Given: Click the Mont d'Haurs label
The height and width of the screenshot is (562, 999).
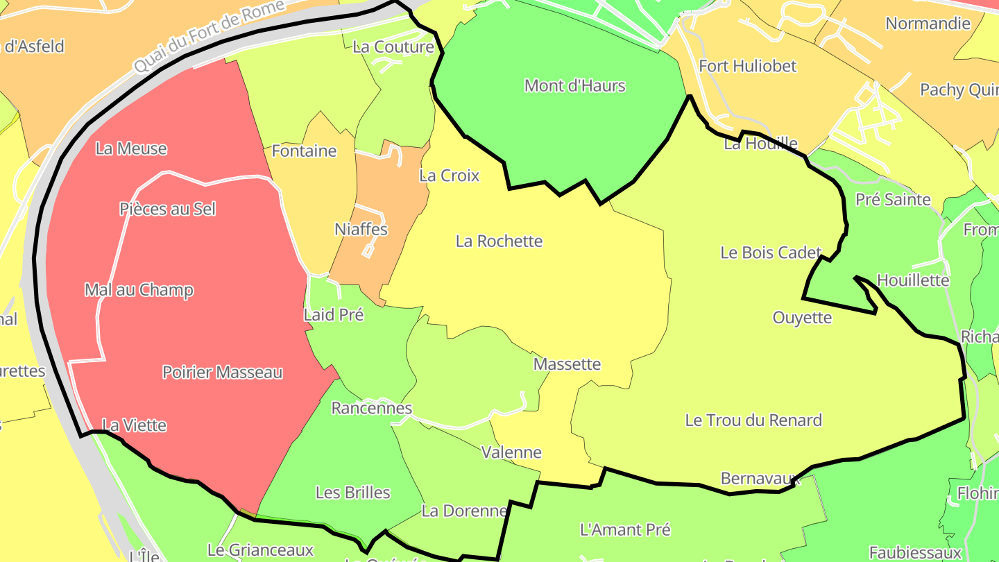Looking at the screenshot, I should pyautogui.click(x=574, y=86).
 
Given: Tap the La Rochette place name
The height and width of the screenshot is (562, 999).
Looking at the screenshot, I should pyautogui.click(x=499, y=241).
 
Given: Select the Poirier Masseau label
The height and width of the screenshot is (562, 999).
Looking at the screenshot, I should pyautogui.click(x=222, y=373).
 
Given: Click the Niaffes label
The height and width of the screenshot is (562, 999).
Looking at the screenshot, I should pyautogui.click(x=361, y=229).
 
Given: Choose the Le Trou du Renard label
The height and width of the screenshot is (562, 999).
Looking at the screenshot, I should pyautogui.click(x=753, y=420).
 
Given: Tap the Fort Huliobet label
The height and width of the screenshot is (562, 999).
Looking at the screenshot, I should pyautogui.click(x=748, y=67).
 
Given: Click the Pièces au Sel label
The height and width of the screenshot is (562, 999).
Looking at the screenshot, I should pyautogui.click(x=168, y=209).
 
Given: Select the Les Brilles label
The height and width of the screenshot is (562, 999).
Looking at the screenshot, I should pyautogui.click(x=352, y=493).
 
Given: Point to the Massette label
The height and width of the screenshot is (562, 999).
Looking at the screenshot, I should pyautogui.click(x=567, y=364).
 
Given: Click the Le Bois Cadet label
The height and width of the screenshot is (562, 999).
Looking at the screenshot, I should pyautogui.click(x=771, y=253).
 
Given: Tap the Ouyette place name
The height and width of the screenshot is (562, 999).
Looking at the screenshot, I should pyautogui.click(x=802, y=318).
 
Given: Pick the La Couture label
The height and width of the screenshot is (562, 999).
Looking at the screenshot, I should pyautogui.click(x=393, y=47).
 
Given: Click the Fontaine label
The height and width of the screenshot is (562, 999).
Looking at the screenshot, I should pyautogui.click(x=304, y=151).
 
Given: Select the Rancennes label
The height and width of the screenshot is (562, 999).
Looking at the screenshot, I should pyautogui.click(x=372, y=408).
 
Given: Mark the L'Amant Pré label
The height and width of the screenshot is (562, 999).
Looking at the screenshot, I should pyautogui.click(x=625, y=530).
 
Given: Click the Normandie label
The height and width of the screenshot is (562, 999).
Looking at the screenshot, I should pyautogui.click(x=928, y=24).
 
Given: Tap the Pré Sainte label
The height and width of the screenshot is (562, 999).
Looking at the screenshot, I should pyautogui.click(x=893, y=200).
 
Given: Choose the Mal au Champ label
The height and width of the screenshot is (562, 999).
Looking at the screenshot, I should pyautogui.click(x=139, y=290).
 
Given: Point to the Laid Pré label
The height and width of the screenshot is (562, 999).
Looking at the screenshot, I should pyautogui.click(x=334, y=315).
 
